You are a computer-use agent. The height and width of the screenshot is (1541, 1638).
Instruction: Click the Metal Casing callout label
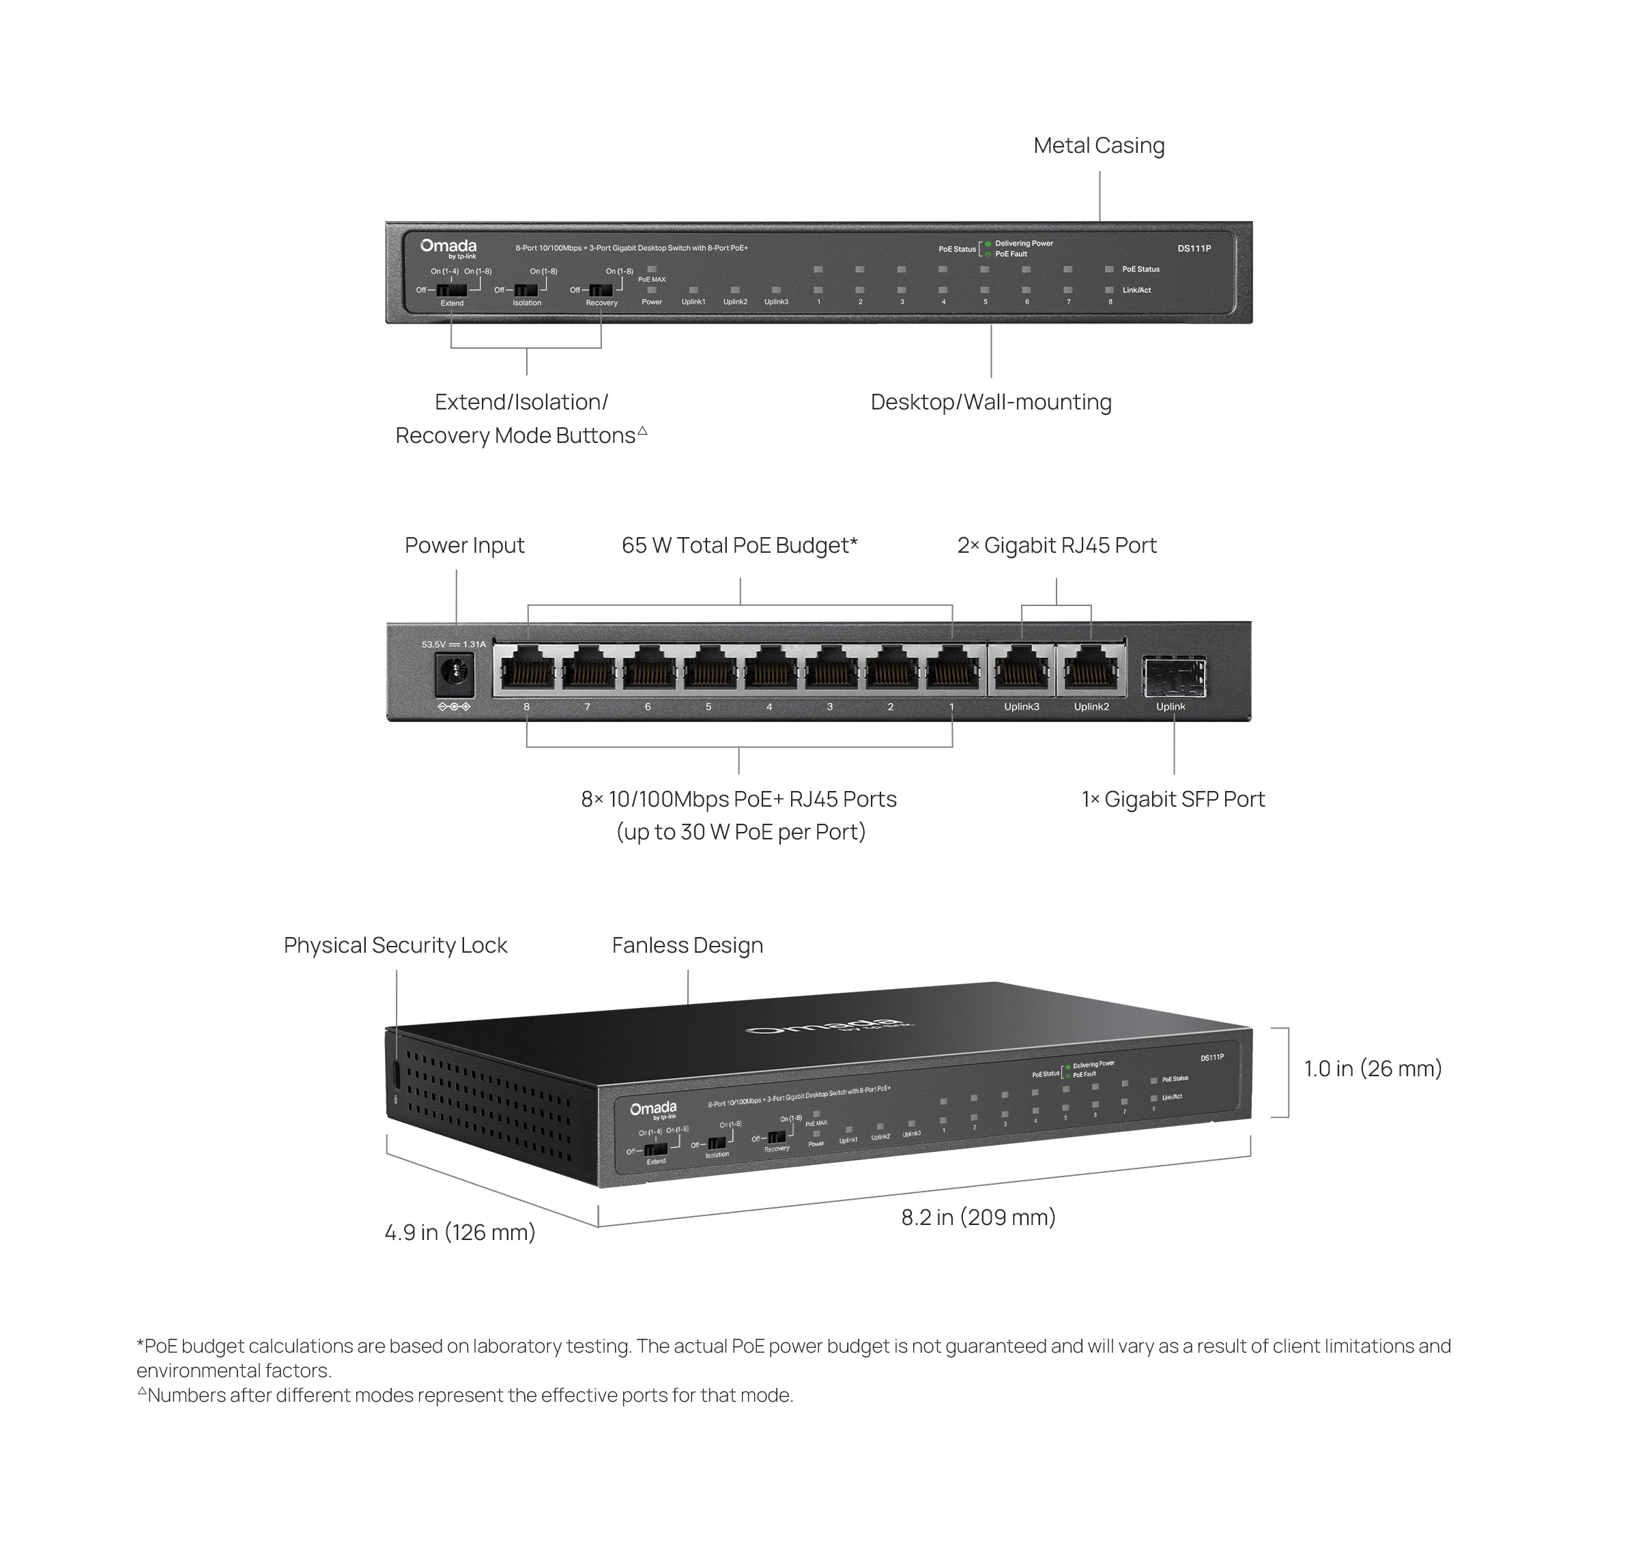click(x=1098, y=146)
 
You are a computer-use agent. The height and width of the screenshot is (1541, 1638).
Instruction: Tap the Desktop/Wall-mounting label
click(x=990, y=402)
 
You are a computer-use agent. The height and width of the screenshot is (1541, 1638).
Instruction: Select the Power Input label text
click(x=464, y=545)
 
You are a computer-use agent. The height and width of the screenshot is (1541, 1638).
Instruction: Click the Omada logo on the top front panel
click(x=448, y=246)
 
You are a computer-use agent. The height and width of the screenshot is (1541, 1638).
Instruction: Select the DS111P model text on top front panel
click(x=1194, y=248)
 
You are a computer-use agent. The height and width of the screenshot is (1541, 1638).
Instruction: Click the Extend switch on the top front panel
click(x=452, y=290)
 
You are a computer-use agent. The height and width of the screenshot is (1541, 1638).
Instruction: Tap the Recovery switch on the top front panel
click(x=601, y=290)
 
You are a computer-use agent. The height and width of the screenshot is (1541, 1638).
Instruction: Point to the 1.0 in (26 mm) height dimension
click(x=1372, y=1069)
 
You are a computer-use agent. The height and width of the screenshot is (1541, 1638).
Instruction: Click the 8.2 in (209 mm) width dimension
click(x=978, y=1217)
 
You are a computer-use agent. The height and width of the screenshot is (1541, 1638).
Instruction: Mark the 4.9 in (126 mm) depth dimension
click(x=460, y=1232)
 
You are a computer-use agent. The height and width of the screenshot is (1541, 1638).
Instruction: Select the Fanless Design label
click(x=687, y=945)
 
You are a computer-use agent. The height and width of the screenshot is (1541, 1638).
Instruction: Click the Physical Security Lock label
click(x=395, y=945)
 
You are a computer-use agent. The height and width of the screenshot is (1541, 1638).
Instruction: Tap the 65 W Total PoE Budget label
click(x=739, y=545)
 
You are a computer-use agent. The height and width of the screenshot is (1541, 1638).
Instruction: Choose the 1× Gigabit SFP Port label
click(x=1173, y=798)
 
